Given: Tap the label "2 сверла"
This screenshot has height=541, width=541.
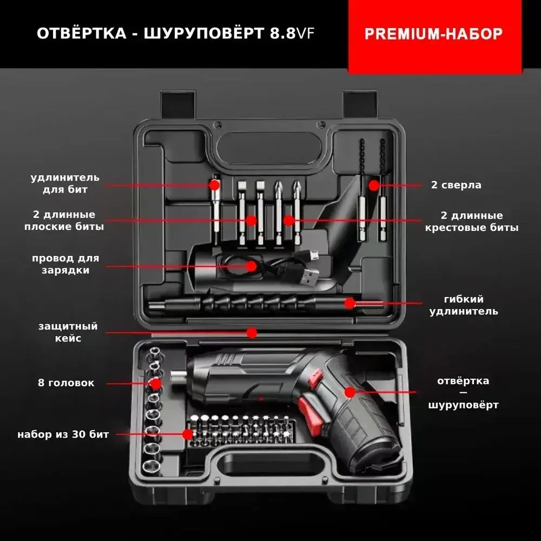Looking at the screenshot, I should click(x=456, y=185).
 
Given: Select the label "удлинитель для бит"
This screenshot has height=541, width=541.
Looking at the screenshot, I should click(x=65, y=183).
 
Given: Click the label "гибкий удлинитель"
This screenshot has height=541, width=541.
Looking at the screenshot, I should click(x=463, y=305).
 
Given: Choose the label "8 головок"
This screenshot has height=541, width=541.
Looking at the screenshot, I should click(x=66, y=383).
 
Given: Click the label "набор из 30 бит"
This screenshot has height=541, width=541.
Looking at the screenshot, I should click(x=63, y=434).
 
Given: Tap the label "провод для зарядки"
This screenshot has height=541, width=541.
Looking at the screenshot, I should click(x=65, y=264).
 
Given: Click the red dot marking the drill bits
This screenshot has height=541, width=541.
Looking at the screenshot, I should click(x=373, y=185).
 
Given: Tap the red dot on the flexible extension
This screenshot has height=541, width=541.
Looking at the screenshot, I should click(x=350, y=303).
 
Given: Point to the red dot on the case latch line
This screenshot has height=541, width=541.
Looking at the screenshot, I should click(x=252, y=332).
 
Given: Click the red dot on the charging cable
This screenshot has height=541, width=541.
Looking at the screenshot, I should click(x=252, y=266).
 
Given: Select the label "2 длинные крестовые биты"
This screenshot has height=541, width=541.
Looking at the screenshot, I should click(x=471, y=222).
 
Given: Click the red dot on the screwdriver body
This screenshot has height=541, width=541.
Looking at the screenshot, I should click(x=350, y=392).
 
